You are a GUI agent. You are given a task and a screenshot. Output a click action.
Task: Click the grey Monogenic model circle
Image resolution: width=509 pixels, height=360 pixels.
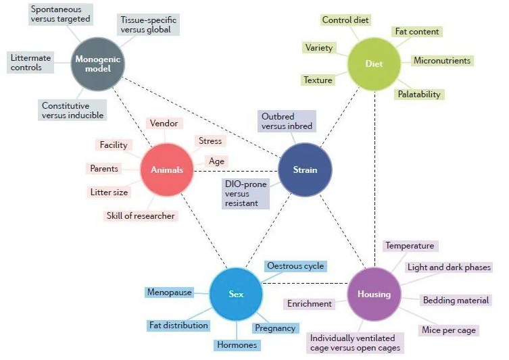click(x=99, y=63)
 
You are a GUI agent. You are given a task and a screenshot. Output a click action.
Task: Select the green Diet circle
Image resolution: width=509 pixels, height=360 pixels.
click(x=374, y=64)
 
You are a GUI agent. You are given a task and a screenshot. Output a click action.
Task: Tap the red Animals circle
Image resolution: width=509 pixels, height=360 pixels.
click(x=166, y=170)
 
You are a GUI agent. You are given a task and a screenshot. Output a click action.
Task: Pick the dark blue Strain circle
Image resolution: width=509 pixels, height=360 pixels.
click(x=305, y=170)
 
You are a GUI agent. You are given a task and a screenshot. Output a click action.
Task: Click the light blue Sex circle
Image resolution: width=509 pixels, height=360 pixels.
click(x=235, y=294)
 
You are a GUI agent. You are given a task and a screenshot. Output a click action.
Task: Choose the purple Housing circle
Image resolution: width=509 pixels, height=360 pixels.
click(x=374, y=294)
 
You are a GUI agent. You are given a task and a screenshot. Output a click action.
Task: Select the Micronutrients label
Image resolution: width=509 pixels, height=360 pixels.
click(x=442, y=61)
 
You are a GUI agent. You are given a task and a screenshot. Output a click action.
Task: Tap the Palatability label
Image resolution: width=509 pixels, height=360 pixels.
click(x=419, y=95)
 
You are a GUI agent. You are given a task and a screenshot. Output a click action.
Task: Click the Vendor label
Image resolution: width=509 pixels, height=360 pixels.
click(x=164, y=124)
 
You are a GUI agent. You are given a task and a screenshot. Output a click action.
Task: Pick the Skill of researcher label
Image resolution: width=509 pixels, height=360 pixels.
click(x=141, y=216)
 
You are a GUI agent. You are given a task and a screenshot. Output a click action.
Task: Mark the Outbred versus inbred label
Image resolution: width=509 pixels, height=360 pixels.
click(x=287, y=121)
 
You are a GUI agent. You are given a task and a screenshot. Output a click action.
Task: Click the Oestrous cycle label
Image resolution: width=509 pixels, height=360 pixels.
click(x=295, y=266)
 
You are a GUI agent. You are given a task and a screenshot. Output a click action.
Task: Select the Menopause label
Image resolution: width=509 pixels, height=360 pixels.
click(x=169, y=292)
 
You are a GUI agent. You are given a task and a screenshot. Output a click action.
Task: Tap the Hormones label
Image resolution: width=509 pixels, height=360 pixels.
click(x=237, y=345)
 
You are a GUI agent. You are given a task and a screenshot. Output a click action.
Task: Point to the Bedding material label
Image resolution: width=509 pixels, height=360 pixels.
click(x=456, y=300)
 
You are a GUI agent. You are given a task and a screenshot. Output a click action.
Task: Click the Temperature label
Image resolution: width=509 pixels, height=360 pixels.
click(x=410, y=246)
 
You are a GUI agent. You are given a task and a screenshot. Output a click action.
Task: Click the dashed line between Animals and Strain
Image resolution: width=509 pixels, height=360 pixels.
click(x=237, y=170)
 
